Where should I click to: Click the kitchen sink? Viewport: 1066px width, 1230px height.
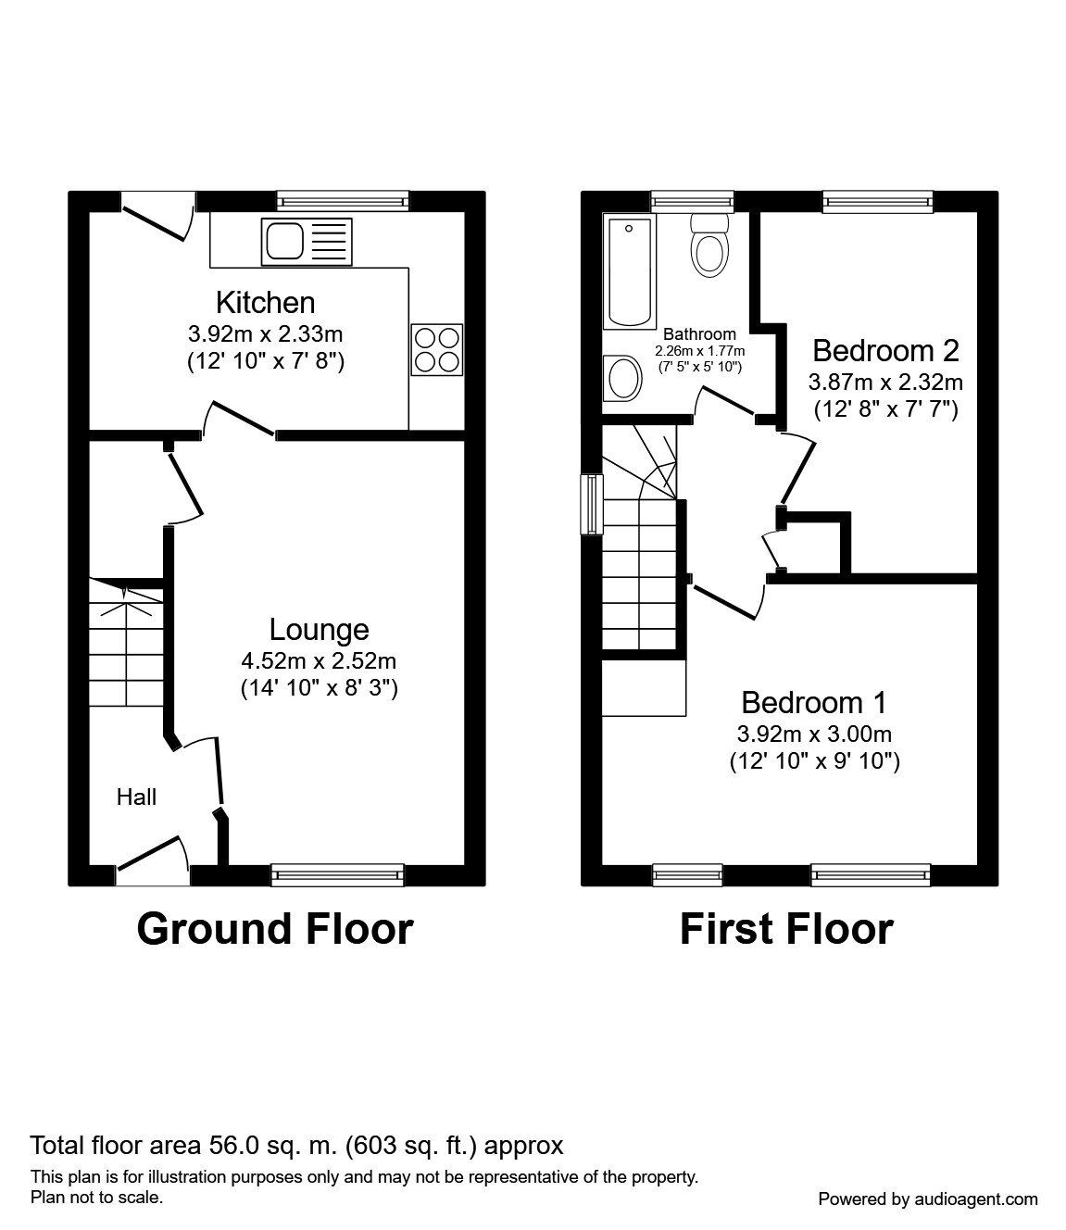[307, 241]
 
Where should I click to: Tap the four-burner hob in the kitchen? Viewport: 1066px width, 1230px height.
[436, 349]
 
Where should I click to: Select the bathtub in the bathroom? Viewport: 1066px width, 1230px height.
[630, 271]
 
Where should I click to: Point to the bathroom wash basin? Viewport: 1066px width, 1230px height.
[622, 379]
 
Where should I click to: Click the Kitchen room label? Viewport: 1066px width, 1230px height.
[265, 302]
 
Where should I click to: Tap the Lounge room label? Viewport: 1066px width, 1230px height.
[319, 629]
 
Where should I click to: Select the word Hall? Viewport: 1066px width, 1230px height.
[136, 797]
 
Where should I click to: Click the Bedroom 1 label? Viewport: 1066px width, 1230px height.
[813, 702]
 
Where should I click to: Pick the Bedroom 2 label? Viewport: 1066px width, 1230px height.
[884, 350]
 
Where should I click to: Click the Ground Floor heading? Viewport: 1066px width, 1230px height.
[275, 928]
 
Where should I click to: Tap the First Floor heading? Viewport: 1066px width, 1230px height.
[785, 928]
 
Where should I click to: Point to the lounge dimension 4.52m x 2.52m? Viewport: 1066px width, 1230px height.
[319, 660]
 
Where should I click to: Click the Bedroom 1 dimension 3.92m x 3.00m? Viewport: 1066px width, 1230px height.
[813, 734]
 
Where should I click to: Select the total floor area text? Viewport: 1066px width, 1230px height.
[296, 1146]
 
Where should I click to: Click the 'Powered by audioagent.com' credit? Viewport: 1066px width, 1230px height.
[927, 1199]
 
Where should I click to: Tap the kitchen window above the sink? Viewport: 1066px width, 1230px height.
[343, 200]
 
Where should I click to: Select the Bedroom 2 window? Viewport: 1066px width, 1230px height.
[877, 200]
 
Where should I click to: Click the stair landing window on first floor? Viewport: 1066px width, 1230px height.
[591, 505]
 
